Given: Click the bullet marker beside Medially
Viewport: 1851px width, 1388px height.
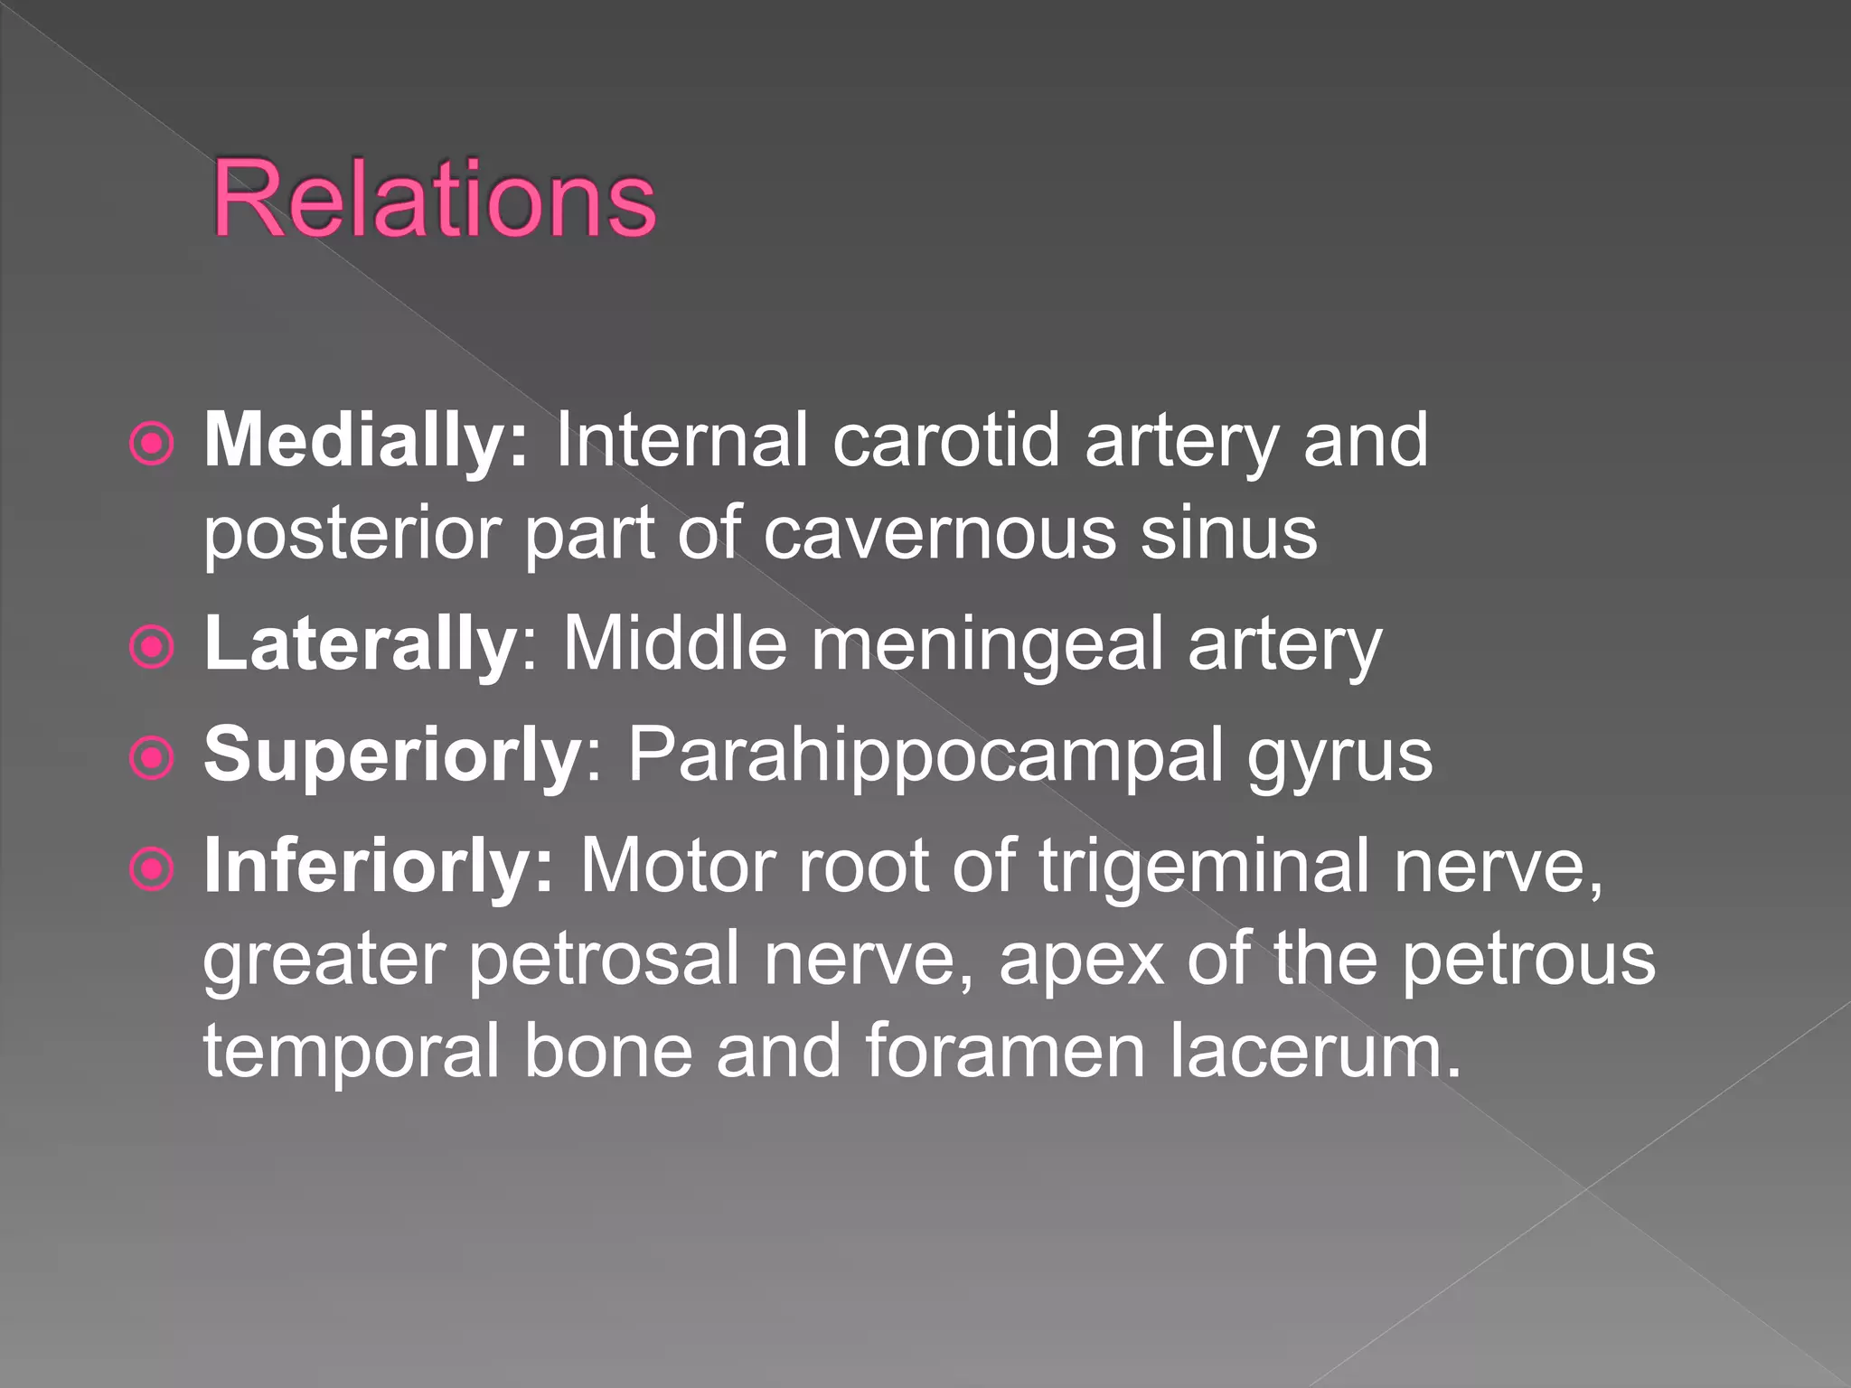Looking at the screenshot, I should coord(151,445).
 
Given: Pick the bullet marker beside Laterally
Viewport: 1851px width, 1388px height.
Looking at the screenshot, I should coord(151,647).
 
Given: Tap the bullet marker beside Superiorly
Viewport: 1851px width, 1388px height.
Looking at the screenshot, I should coord(151,758).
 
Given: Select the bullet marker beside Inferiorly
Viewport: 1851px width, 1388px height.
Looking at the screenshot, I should coord(151,869).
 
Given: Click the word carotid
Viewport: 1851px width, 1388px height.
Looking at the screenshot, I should coord(945,441).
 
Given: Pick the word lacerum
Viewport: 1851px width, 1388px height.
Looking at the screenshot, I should coord(1314,1052).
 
